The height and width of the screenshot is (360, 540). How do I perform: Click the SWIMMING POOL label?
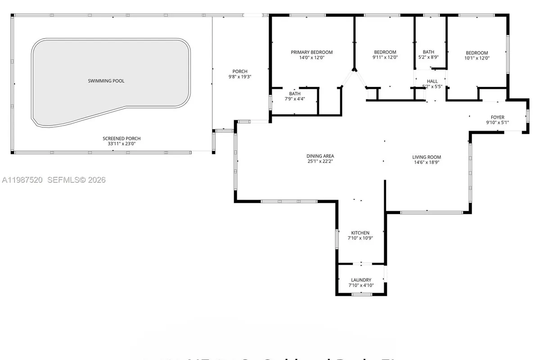coord(106,81)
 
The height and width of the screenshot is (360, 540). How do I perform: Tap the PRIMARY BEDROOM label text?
coord(311,52)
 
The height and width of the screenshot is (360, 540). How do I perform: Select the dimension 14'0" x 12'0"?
coord(311,58)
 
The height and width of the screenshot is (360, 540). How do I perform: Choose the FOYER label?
coord(497,117)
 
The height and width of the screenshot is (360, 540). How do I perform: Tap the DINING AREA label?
coord(320,156)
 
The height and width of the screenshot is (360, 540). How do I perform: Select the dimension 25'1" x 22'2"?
coord(320,161)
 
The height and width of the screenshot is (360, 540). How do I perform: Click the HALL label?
coord(432,81)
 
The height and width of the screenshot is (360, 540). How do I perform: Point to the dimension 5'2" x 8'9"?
coord(428,58)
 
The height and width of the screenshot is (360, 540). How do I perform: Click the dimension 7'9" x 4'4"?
coord(295,99)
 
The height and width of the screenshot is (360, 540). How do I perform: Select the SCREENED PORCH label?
coord(118,139)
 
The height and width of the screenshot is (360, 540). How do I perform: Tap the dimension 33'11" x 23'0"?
coord(118,144)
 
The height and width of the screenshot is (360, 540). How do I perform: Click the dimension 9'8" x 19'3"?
coord(239,76)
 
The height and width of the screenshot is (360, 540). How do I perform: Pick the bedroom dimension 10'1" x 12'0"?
coord(477,58)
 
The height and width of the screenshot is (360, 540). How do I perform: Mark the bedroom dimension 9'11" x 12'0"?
coord(385,58)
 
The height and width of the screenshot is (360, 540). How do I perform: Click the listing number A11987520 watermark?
coord(22,180)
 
